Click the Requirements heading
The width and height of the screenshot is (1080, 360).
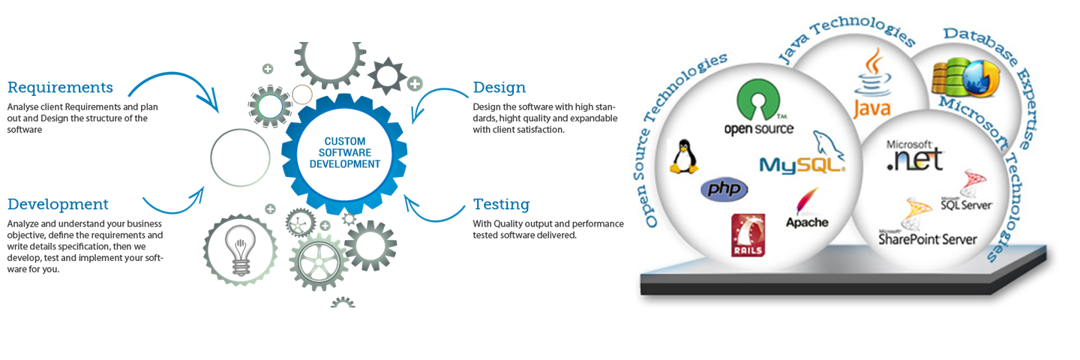point(60,88)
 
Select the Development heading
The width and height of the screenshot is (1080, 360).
point(58,204)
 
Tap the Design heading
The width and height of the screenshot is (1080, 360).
point(499,88)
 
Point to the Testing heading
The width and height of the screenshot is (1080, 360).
point(501,204)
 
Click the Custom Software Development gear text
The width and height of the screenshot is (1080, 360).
point(346,152)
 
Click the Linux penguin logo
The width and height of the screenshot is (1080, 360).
point(683,157)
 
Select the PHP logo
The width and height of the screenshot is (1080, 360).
point(724,189)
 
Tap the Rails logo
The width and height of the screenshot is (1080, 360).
point(748,235)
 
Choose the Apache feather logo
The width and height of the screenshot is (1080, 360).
point(807,209)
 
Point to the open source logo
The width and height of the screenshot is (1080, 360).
point(758,109)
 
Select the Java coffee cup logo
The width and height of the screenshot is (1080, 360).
point(872,84)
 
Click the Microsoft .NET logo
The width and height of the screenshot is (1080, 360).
point(913,154)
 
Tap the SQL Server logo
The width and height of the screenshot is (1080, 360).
point(967,191)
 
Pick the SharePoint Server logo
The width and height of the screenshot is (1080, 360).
point(928,224)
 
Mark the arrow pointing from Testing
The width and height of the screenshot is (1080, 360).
point(435,211)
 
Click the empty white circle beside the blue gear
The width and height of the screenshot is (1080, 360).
point(240,158)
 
